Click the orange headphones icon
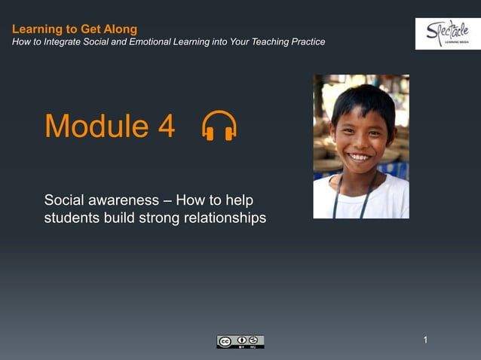pos(219,126)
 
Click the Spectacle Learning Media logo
pos(447,33)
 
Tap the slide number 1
pos(425,340)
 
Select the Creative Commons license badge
pos(240,342)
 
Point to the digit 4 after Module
pos(167,127)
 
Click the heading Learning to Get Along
pos(75,29)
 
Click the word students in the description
pos(70,218)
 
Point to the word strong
pos(156,218)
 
